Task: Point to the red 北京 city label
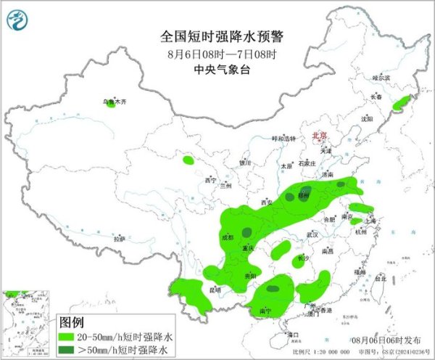[x=320, y=135]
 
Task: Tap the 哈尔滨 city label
[x=381, y=78]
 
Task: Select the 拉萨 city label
[x=120, y=238]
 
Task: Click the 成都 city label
[x=227, y=237]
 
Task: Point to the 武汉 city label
[x=312, y=235]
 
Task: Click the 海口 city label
[x=294, y=335]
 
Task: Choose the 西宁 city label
[x=211, y=179]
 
